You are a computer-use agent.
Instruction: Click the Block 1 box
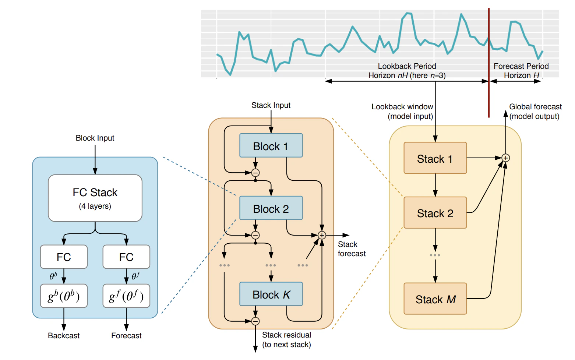[271, 146]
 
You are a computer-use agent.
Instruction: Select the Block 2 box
[271, 208]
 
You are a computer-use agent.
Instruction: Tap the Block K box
[271, 294]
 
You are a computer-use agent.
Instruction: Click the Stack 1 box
[435, 158]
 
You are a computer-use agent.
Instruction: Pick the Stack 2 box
[435, 213]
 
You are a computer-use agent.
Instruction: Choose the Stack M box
[435, 299]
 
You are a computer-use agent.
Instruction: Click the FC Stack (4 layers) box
[95, 198]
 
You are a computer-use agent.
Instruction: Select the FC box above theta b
[64, 257]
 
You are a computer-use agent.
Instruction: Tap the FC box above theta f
[126, 257]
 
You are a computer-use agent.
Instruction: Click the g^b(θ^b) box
[64, 296]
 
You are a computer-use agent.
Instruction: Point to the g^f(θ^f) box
[126, 296]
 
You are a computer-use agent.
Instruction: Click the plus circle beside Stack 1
[506, 158]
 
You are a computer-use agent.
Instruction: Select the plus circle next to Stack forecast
[322, 235]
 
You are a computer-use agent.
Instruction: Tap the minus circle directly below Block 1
[255, 173]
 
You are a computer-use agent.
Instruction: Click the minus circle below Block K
[255, 321]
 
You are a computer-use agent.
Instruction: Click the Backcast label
[64, 336]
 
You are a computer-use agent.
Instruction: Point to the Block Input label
[95, 138]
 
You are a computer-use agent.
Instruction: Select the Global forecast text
[535, 107]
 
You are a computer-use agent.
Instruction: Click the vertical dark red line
[489, 63]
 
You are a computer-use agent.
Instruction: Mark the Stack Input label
[271, 105]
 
